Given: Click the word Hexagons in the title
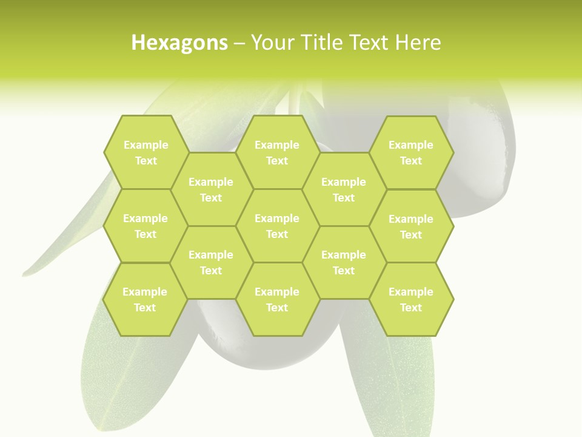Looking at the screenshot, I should (179, 43).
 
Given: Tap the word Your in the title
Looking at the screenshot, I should (270, 43).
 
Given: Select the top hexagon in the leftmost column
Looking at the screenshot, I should (145, 152).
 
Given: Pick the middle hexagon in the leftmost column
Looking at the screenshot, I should (145, 226).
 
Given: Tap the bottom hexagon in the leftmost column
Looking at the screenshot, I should (145, 299).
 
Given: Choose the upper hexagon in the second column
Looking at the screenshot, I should (211, 189).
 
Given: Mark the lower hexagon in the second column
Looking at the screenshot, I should (211, 262).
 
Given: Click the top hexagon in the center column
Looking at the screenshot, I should (277, 152).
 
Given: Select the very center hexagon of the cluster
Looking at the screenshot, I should (277, 226).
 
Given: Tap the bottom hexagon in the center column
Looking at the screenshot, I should (277, 299).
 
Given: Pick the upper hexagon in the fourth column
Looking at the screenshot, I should (344, 189).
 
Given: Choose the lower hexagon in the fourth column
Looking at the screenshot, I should (344, 262).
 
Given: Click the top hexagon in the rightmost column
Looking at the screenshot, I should (411, 152).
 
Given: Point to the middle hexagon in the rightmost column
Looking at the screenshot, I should (411, 226).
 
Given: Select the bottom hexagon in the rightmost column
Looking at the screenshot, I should (411, 299).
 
